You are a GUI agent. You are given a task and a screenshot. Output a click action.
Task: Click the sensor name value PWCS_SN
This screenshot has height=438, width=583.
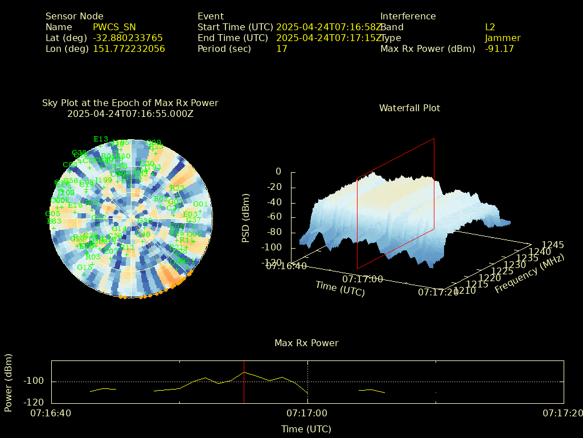[114, 27]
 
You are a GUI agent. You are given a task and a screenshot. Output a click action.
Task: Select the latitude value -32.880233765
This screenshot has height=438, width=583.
[128, 38]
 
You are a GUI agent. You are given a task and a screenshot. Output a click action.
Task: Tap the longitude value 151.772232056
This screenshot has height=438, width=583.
[129, 49]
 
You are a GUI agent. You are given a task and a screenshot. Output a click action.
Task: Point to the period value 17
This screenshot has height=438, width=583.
[281, 49]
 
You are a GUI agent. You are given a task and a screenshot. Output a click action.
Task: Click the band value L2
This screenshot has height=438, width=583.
[490, 27]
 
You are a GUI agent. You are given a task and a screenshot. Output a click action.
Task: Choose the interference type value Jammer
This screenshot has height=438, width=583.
[503, 38]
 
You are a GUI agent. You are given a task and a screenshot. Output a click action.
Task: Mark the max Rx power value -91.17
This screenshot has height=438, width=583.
[499, 49]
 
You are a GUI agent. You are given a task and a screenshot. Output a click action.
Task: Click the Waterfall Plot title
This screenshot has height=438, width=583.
[409, 108]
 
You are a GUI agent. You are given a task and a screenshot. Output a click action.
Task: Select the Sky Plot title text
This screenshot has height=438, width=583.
[130, 103]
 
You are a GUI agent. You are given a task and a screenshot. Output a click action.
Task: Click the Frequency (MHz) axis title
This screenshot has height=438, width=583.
[529, 274]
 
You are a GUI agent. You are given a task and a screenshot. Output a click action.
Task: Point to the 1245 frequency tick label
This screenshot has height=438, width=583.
[553, 245]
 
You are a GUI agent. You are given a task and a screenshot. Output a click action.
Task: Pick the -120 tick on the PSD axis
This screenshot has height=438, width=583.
[272, 263]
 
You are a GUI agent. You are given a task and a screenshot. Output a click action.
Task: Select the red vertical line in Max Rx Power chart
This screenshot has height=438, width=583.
[244, 382]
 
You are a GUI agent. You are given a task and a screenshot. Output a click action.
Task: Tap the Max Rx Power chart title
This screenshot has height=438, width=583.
[306, 343]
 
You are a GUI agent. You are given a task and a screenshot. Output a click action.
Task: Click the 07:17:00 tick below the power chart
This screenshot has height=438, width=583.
[307, 413]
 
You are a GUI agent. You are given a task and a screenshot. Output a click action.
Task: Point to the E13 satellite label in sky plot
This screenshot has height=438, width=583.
[101, 139]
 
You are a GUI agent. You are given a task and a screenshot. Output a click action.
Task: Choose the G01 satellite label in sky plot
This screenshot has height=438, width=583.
[200, 204]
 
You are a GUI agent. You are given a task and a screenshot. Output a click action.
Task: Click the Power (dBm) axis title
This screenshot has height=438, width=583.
[9, 382]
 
